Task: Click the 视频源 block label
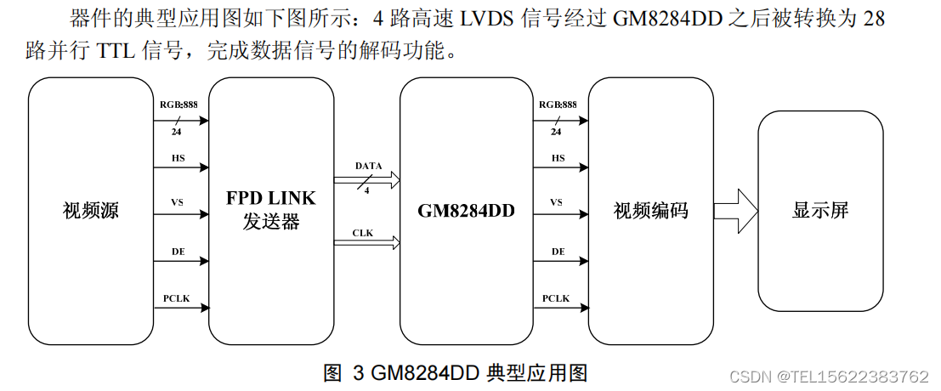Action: tap(91, 211)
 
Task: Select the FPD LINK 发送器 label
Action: tap(270, 210)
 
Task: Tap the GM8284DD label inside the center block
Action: tap(467, 211)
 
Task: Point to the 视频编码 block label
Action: tap(651, 211)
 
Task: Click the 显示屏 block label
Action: tap(820, 211)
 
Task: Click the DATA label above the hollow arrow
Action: tap(368, 165)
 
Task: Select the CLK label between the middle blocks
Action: tap(364, 232)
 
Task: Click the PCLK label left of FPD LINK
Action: tap(177, 298)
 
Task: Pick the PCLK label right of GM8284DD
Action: tap(556, 298)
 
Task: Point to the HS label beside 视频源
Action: tap(178, 158)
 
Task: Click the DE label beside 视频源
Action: tap(178, 252)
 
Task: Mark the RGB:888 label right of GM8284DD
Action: tap(558, 105)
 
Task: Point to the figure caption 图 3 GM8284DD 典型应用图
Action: tap(456, 371)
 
